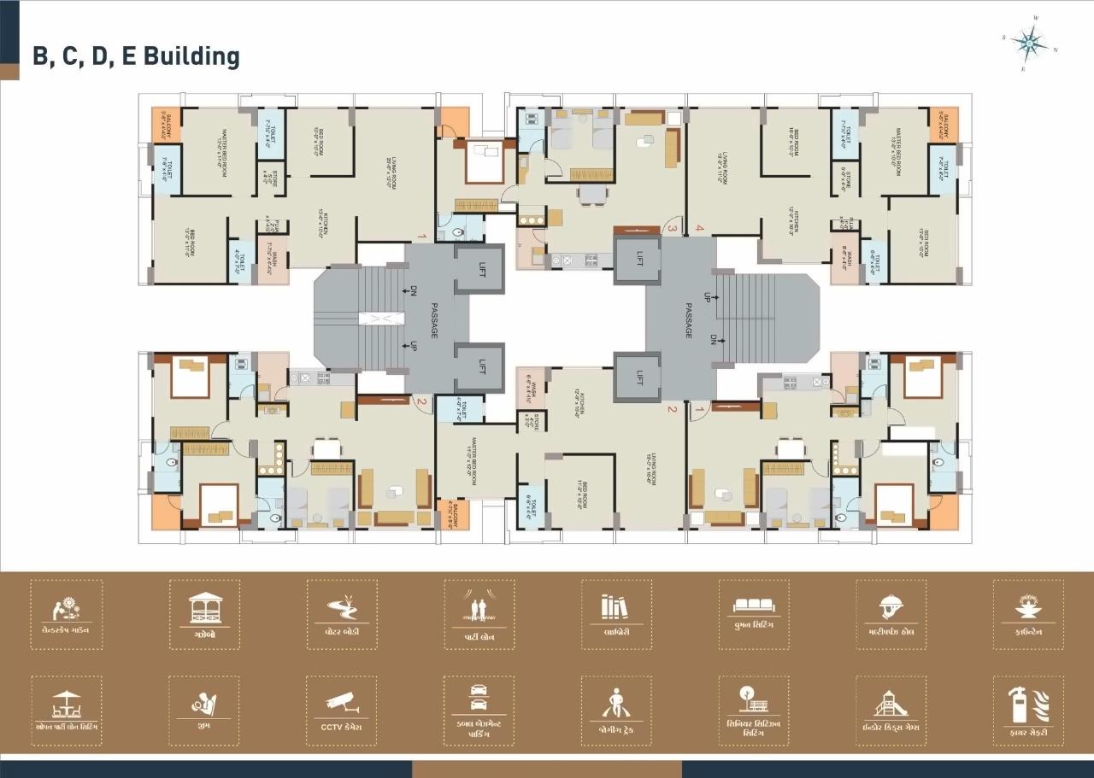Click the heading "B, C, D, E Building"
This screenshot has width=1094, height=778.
[x=136, y=56]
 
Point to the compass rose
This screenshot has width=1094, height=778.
[x=1029, y=41]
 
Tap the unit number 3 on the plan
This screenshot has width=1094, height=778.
[x=672, y=228]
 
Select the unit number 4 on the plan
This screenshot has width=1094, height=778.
[x=699, y=228]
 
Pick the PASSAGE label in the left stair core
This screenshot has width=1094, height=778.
[x=434, y=321]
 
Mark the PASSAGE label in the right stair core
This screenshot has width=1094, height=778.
[x=688, y=319]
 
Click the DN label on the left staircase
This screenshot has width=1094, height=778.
[x=413, y=291]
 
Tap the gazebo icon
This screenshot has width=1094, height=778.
[x=204, y=607]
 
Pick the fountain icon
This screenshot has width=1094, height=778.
[x=1027, y=607]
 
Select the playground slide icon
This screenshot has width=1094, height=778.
[x=891, y=704]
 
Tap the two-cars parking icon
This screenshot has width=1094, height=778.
[x=479, y=697]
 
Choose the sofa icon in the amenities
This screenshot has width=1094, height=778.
[x=753, y=605]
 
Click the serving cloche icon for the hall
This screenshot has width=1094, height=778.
[x=891, y=607]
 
